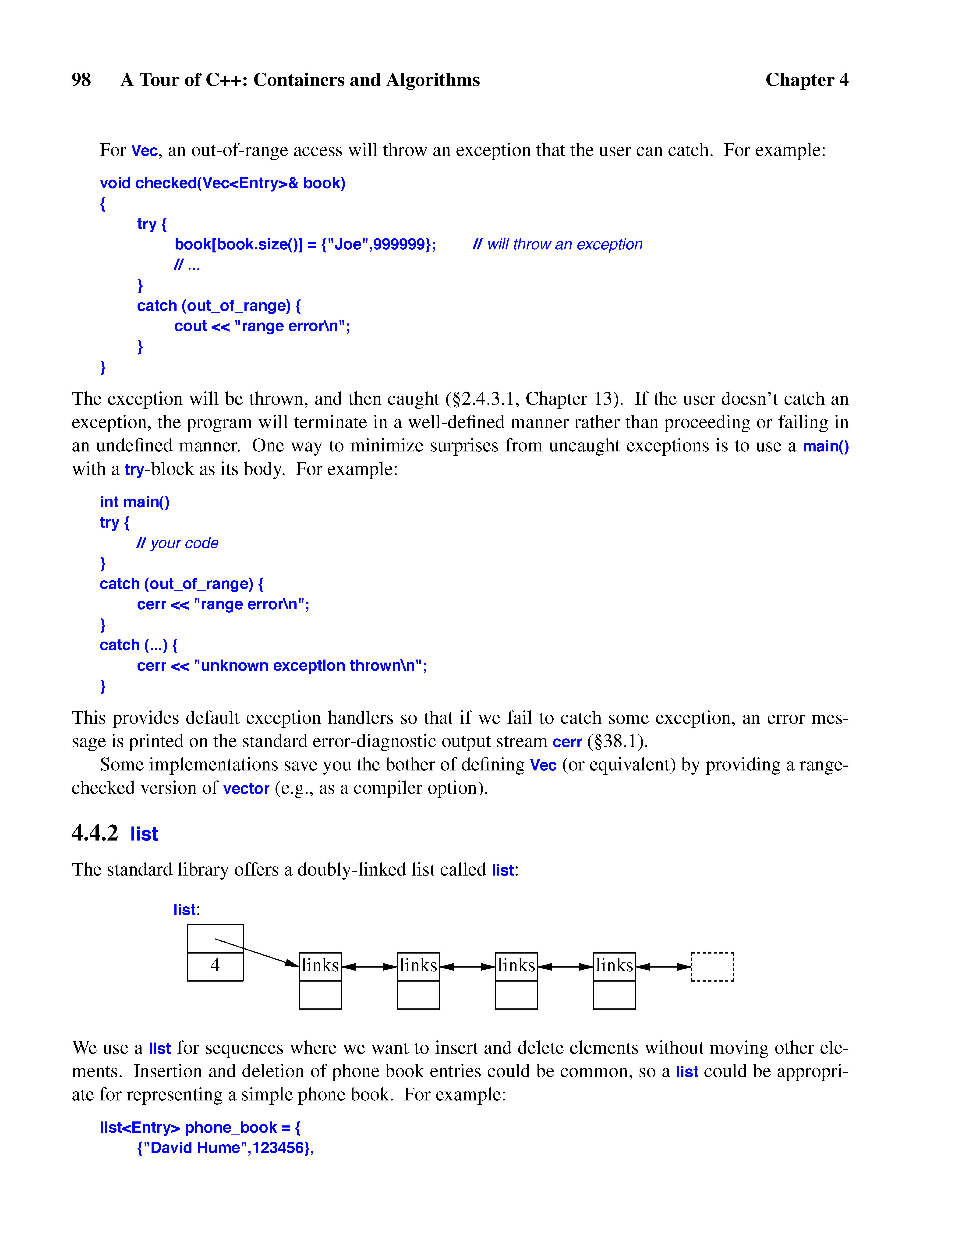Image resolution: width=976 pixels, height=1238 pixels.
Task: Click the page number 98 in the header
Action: tap(81, 80)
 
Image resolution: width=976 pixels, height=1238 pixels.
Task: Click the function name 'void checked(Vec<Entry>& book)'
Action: tap(222, 184)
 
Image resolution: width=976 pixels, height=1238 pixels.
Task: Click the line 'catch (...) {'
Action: tap(138, 645)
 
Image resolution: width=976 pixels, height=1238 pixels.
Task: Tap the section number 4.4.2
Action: tap(95, 833)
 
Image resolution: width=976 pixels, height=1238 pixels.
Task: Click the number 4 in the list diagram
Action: tap(215, 965)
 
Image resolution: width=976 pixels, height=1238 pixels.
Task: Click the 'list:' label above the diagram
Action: tap(186, 909)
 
